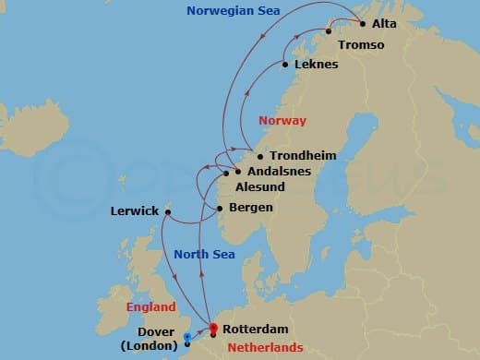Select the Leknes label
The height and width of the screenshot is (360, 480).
tap(316, 65)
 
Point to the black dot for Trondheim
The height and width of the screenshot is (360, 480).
tap(259, 156)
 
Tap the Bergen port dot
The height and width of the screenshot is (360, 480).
tap(220, 208)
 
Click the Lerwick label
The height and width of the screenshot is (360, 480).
tap(134, 210)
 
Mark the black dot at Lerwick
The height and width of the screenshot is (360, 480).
tap(168, 211)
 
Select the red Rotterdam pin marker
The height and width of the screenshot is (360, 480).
tap(212, 328)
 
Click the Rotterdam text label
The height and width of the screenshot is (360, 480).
tap(256, 329)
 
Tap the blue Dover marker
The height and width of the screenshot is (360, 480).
tap(187, 339)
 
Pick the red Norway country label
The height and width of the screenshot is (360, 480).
tap(282, 121)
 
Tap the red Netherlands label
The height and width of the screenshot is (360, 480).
tap(268, 347)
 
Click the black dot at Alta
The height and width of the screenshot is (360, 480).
tap(362, 24)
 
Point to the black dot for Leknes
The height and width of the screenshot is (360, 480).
tap(285, 65)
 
